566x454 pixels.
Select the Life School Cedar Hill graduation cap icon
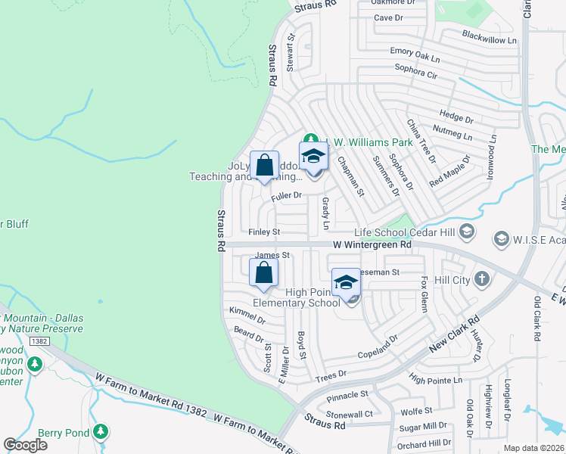point(467,231)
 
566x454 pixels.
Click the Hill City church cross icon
point(483,279)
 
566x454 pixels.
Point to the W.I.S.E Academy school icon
point(500,239)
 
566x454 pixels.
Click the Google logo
point(25,445)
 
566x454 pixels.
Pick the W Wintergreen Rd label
point(372,245)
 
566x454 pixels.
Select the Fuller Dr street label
point(287,195)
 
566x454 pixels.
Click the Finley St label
point(265,232)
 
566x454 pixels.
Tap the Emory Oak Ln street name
point(415,52)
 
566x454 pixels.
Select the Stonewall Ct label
point(350,415)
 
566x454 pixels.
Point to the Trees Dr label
point(331,374)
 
